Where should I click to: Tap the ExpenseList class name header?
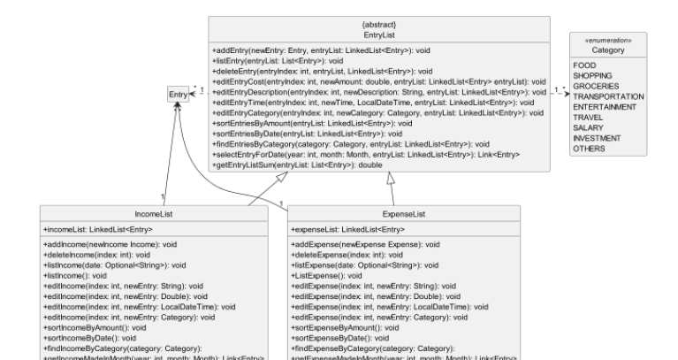[406, 214]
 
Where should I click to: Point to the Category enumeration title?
[607, 51]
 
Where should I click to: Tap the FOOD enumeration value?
[583, 65]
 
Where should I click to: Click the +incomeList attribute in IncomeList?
[85, 230]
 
